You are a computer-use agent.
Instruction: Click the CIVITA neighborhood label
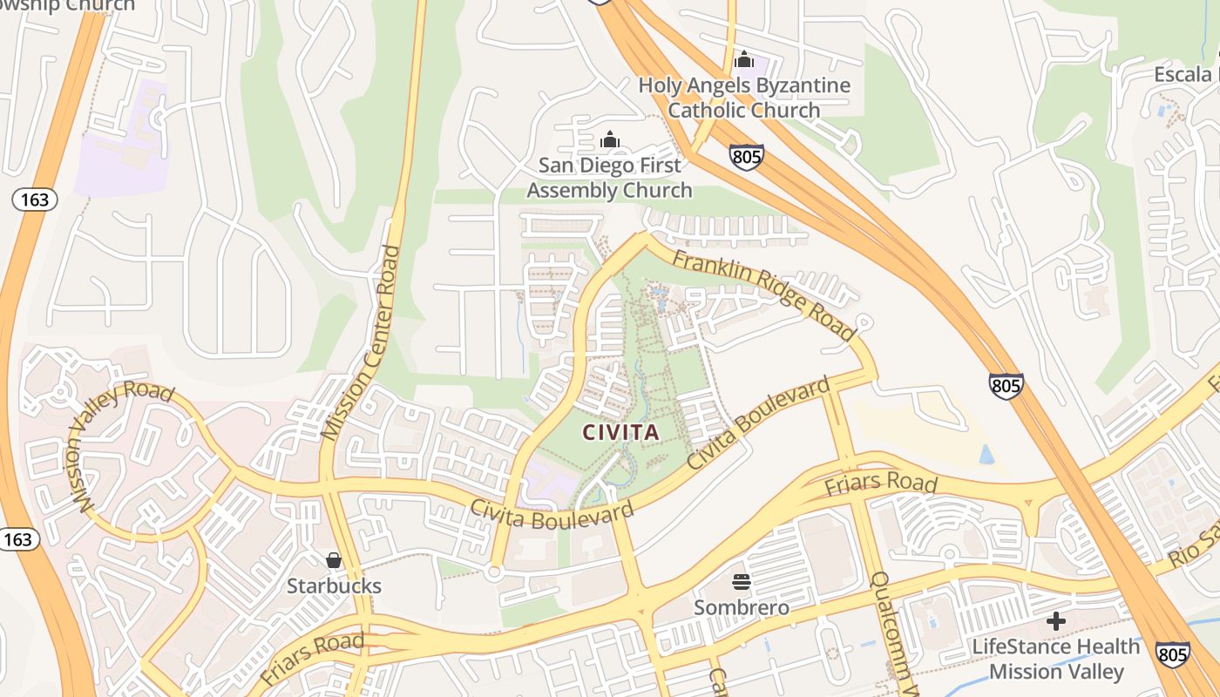tap(620, 431)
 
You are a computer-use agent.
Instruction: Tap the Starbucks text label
tap(334, 585)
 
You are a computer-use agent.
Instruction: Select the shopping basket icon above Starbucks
tap(333, 559)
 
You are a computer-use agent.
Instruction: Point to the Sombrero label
tap(742, 607)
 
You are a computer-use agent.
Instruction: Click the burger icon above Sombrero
tap(742, 581)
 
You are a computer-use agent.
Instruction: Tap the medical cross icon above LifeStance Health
tap(1056, 621)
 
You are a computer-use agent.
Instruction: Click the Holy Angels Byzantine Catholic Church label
tap(744, 98)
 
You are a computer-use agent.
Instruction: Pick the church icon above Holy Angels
tap(744, 59)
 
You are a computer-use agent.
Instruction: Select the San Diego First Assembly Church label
tap(609, 178)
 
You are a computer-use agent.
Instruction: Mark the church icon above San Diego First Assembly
tap(609, 139)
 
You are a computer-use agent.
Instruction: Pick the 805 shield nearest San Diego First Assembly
tap(747, 157)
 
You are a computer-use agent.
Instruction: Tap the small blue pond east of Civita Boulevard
tap(986, 454)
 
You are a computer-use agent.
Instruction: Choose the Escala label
tap(1183, 74)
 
